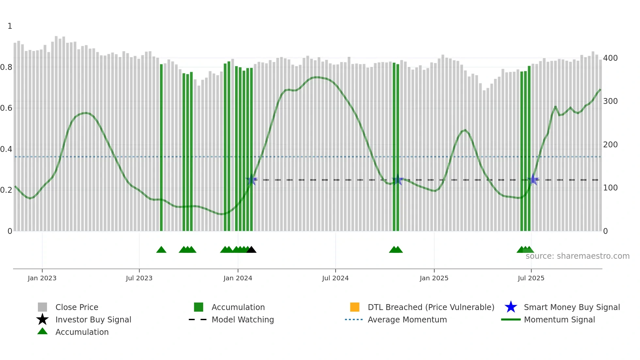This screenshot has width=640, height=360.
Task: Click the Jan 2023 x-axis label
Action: [42, 278]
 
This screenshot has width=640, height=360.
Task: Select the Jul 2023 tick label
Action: [139, 278]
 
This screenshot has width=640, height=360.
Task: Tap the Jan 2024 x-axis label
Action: [238, 278]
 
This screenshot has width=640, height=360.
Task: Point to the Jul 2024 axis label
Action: [335, 278]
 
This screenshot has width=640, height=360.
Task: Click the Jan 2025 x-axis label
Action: [434, 278]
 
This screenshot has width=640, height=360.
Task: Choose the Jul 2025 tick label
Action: [531, 278]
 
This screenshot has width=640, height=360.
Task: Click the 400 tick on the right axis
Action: [610, 58]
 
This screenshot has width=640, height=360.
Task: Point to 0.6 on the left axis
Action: [7, 108]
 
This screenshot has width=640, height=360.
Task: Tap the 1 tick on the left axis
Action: [10, 26]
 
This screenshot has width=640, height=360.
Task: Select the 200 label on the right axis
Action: [610, 145]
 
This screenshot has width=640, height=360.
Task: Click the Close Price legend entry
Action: [77, 307]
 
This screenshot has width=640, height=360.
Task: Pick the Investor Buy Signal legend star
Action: [42, 319]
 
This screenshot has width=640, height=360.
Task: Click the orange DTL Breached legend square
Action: [355, 307]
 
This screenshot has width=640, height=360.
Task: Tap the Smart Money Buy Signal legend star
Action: [511, 307]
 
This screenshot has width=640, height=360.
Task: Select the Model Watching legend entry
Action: [243, 319]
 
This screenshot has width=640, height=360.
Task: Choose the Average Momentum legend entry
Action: [407, 319]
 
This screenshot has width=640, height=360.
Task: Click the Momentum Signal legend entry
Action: [559, 319]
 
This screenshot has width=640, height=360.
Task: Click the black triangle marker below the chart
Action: [251, 250]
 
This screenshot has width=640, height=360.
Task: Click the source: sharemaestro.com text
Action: [577, 256]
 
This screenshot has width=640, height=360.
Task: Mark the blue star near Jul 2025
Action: [533, 179]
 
